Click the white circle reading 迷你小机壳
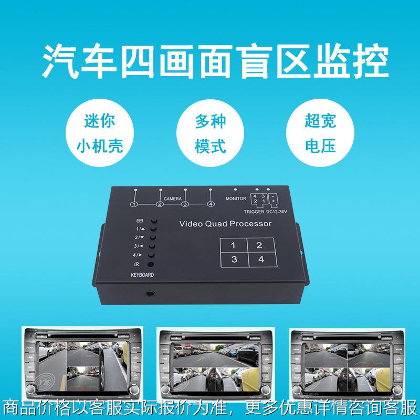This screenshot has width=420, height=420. click(x=99, y=133)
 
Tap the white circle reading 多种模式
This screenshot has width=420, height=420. click(x=209, y=133)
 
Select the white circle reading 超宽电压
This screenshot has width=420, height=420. click(x=320, y=133)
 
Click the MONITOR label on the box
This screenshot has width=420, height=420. click(x=235, y=199)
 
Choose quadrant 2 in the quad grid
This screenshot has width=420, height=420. click(x=258, y=245)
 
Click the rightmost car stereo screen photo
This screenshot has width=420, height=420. click(x=346, y=362)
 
